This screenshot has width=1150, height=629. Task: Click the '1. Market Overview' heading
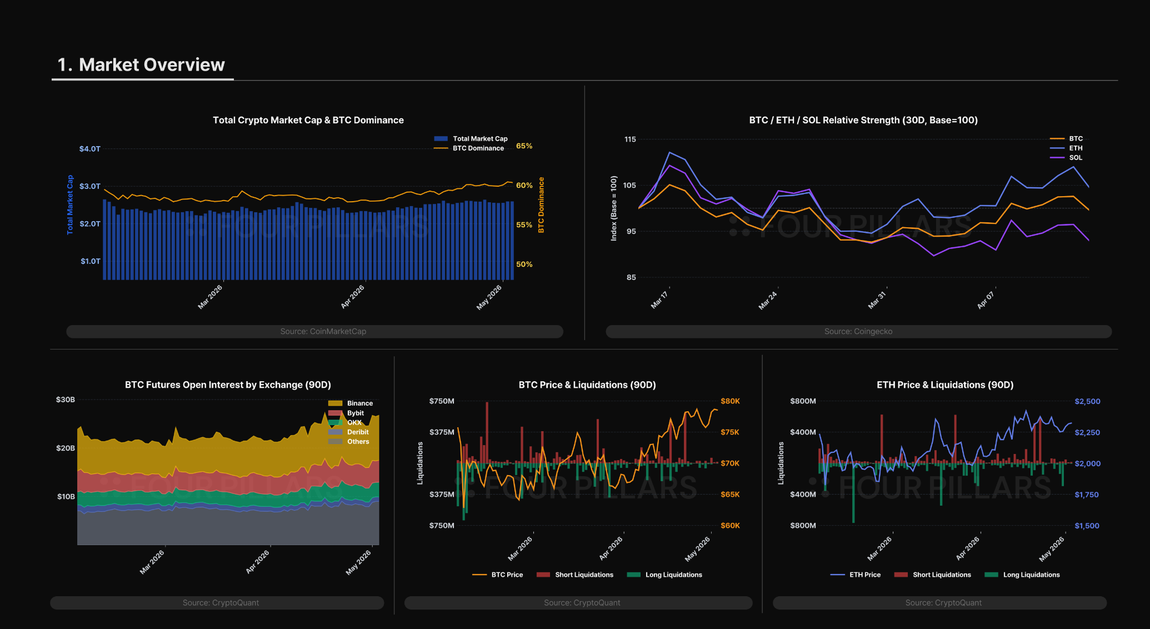coord(141,64)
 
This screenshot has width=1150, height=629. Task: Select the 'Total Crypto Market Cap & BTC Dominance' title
coord(308,120)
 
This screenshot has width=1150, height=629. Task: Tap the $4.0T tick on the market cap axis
coord(90,149)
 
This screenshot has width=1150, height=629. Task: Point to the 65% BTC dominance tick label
coord(524,146)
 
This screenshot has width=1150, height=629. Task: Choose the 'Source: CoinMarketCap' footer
coord(323,331)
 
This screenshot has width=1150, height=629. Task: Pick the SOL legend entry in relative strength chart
coord(1066,158)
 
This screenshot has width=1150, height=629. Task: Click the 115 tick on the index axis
coord(630,139)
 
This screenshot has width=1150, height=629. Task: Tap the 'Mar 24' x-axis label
coord(768,300)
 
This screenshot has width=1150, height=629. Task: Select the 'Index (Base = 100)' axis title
coord(614,208)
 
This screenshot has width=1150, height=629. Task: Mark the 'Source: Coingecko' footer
coord(858,331)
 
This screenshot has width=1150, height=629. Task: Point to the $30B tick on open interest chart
coord(66,400)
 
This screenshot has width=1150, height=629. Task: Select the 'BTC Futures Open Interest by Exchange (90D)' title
coord(228,385)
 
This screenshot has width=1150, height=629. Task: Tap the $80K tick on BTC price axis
coord(730,401)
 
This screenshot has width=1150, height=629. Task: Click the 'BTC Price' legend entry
coord(497,575)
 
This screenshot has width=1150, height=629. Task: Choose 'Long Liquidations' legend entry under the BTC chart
coord(664,575)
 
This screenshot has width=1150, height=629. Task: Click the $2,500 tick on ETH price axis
coord(1087,401)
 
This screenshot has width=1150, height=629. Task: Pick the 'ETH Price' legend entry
coord(856,575)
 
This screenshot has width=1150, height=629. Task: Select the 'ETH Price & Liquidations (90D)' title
coord(945,385)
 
